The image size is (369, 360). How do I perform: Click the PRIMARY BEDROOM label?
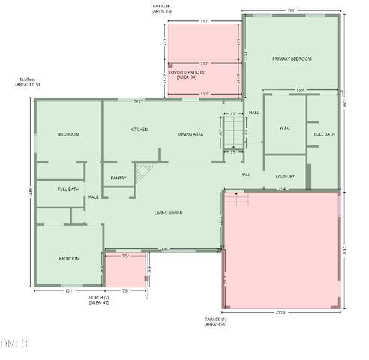click(x=292, y=58)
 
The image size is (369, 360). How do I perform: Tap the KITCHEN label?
click(x=139, y=130)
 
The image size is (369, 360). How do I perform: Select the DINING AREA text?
click(x=190, y=134)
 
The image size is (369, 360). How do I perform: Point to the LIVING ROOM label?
click(x=168, y=213)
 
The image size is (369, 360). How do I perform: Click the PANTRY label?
click(x=118, y=178)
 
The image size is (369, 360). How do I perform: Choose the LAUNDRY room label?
click(x=285, y=176)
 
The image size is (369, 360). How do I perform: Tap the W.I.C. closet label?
click(x=285, y=128)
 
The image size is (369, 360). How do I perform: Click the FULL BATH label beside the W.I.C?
click(x=325, y=134)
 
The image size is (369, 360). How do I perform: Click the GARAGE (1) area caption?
click(x=215, y=322)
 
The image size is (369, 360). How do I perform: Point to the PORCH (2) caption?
click(x=99, y=300)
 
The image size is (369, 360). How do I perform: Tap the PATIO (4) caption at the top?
click(x=161, y=10)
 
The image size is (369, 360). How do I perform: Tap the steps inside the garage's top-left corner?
click(x=236, y=199)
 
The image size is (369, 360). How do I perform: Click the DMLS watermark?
click(x=15, y=343)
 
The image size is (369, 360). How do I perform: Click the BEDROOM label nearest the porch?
click(x=69, y=258)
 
